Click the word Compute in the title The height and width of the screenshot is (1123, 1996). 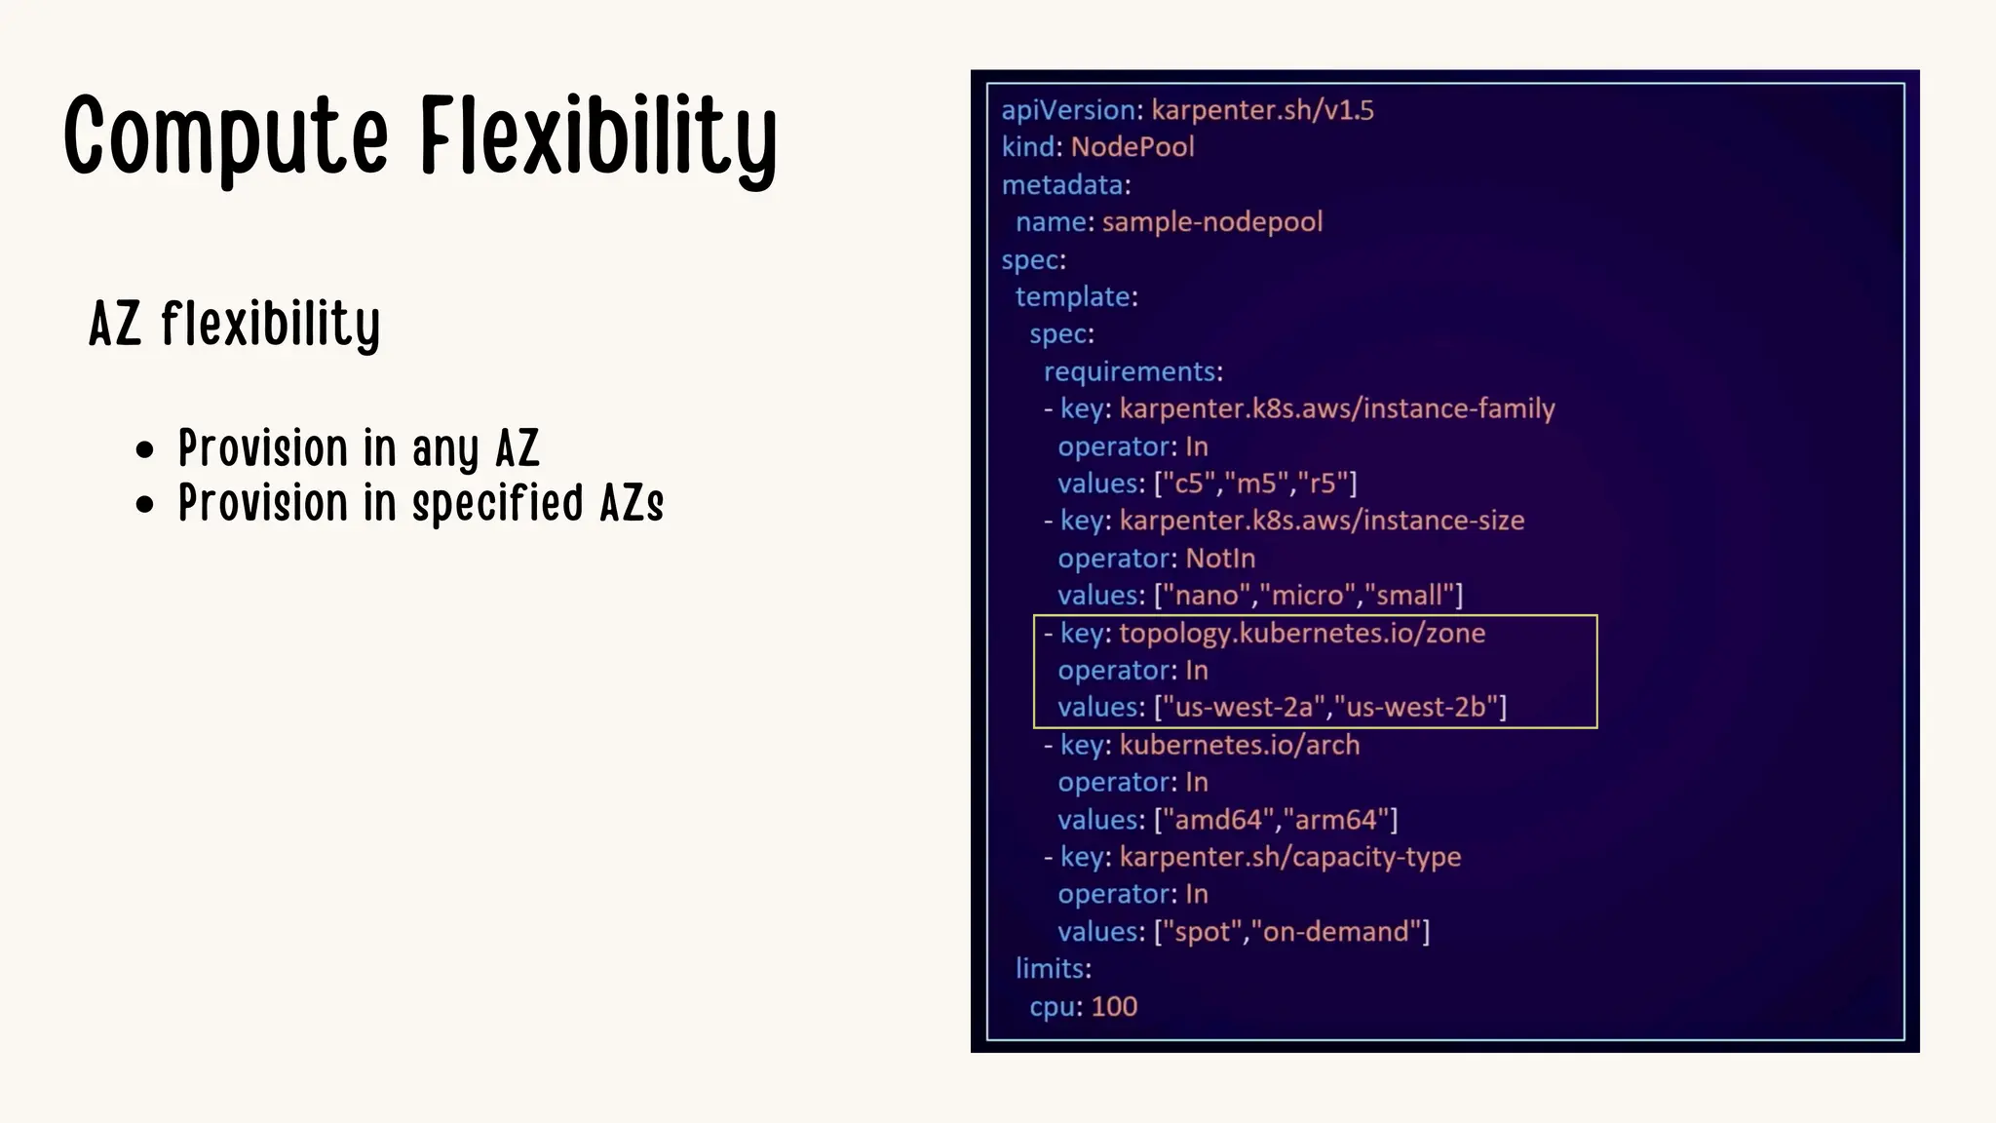point(226,136)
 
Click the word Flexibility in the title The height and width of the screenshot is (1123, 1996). point(598,136)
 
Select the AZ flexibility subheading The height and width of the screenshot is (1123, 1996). point(234,324)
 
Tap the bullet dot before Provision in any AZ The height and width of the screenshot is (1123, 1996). point(145,450)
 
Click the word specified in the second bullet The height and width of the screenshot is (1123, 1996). point(497,504)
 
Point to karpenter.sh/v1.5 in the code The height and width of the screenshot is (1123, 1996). point(1262,110)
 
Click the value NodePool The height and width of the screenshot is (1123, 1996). point(1132,147)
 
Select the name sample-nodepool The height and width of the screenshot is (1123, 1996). point(1211,222)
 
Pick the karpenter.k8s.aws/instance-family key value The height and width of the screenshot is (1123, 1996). point(1336,408)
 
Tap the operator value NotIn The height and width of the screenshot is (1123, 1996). point(1220,559)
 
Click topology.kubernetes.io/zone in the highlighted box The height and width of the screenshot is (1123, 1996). point(1302,634)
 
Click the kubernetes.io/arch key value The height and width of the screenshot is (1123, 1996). point(1239,745)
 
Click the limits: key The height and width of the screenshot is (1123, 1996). point(1053,969)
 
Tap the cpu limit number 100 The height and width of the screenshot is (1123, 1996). point(1114,1007)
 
